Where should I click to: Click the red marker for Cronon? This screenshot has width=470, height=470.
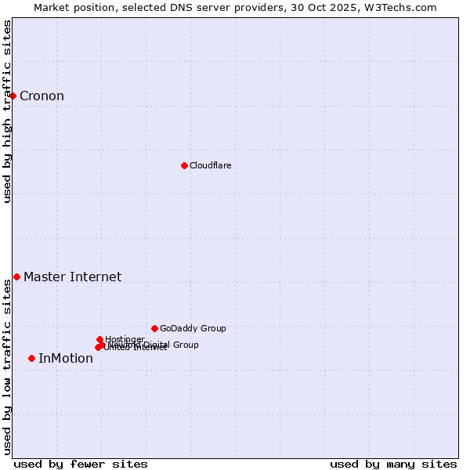[13, 96]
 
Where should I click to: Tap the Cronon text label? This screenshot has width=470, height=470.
[42, 96]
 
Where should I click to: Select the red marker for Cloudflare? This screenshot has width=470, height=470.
[184, 165]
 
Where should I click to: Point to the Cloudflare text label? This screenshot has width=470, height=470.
[210, 165]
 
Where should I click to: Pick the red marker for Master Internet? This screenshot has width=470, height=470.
[16, 277]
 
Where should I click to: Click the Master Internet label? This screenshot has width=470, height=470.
[72, 277]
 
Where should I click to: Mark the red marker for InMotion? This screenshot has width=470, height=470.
[31, 358]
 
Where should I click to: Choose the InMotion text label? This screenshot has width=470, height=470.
[65, 359]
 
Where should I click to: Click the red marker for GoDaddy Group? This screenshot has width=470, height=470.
[154, 328]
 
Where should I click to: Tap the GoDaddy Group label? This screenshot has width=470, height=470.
[192, 329]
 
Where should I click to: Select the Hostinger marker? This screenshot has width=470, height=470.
[99, 339]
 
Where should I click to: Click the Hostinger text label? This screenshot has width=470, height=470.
[125, 339]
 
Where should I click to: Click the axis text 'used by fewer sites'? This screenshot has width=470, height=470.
[80, 464]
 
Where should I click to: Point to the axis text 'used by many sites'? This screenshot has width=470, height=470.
[392, 464]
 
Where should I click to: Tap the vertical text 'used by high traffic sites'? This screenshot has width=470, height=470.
[8, 111]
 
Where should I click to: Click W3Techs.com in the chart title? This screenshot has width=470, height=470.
[405, 7]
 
